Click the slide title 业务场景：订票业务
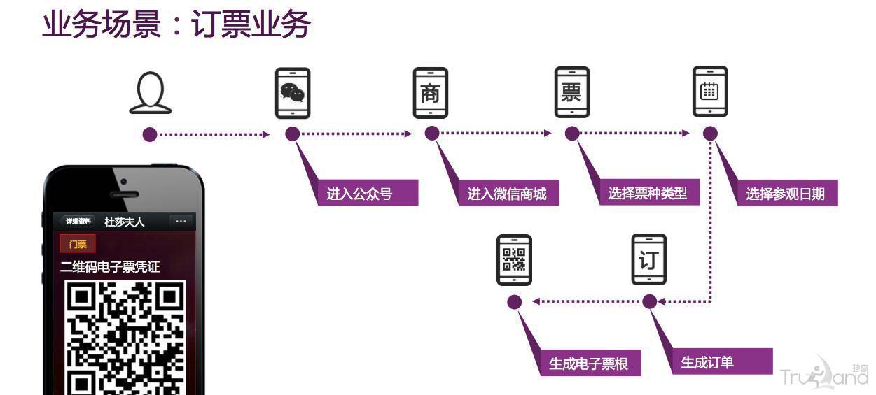click(x=176, y=25)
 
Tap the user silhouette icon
click(x=150, y=93)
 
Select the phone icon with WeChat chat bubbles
click(x=292, y=93)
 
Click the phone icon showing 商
click(x=430, y=93)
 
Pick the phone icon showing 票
click(x=571, y=93)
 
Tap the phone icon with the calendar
click(x=709, y=92)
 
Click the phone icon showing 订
click(x=648, y=259)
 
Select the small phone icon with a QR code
click(x=514, y=259)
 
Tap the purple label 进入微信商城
click(x=506, y=194)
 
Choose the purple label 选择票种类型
click(x=648, y=193)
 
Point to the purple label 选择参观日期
click(x=785, y=194)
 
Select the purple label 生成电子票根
click(x=588, y=364)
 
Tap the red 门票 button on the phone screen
click(x=78, y=244)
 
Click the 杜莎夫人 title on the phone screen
click(x=125, y=222)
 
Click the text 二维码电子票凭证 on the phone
click(x=110, y=267)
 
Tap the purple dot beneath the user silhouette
click(x=150, y=134)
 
